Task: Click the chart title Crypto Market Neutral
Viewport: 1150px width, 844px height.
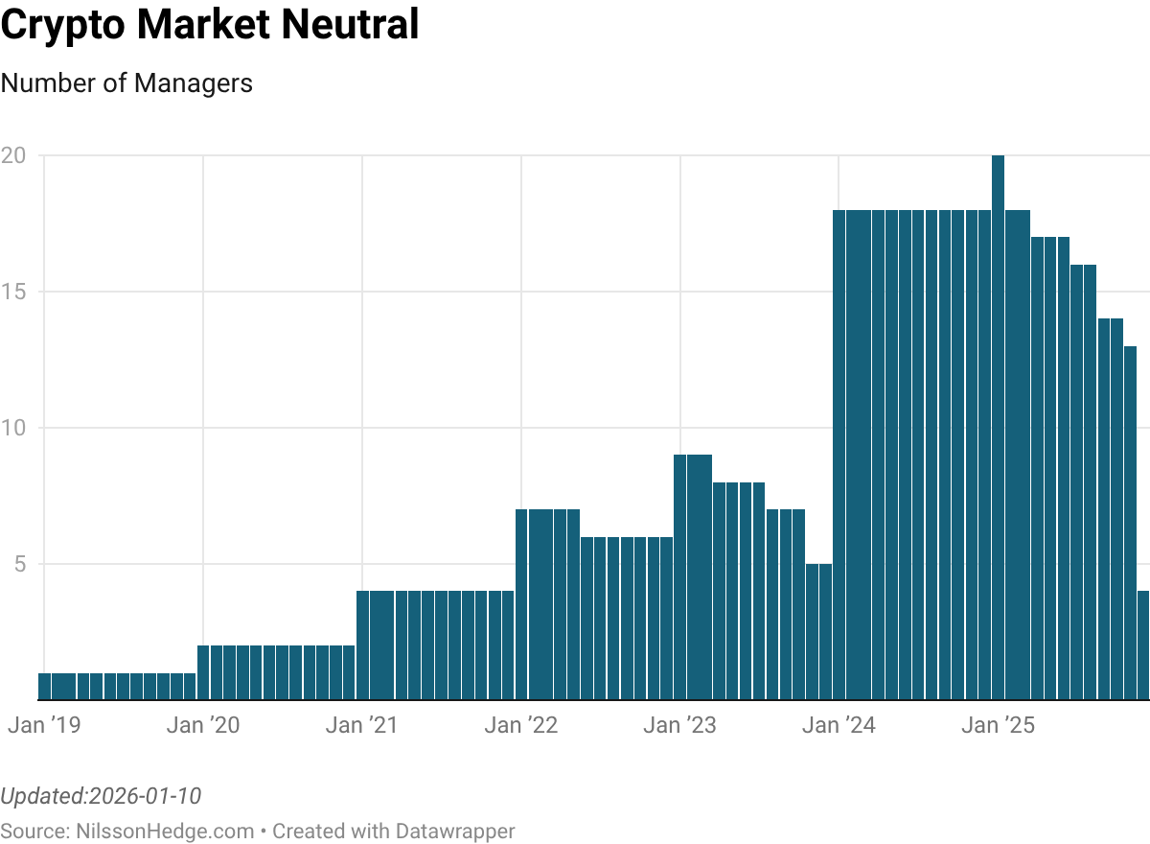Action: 210,25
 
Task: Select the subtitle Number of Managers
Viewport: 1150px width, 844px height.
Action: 126,83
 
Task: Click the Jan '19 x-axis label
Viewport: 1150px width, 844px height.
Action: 44,725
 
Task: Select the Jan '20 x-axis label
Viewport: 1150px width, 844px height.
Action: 203,725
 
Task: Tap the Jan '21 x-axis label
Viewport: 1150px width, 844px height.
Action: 362,725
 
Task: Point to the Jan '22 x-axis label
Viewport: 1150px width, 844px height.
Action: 521,725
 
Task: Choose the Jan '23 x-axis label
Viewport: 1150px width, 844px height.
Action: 680,725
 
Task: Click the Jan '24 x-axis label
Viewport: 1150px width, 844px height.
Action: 839,725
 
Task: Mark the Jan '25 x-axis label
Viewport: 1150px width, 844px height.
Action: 999,725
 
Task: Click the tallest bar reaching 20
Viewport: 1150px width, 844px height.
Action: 998,427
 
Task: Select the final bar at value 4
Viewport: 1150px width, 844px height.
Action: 1143,645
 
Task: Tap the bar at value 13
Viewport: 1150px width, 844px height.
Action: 1130,523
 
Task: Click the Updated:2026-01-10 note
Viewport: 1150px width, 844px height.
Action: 101,796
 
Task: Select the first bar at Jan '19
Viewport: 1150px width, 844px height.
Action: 44,686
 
